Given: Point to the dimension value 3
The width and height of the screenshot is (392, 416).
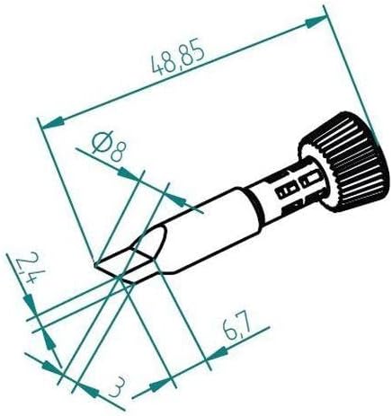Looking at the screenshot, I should (114, 388).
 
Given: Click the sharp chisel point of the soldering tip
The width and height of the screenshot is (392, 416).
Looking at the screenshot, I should (96, 264).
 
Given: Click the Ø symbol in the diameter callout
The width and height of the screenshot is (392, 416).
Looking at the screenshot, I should (102, 142).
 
